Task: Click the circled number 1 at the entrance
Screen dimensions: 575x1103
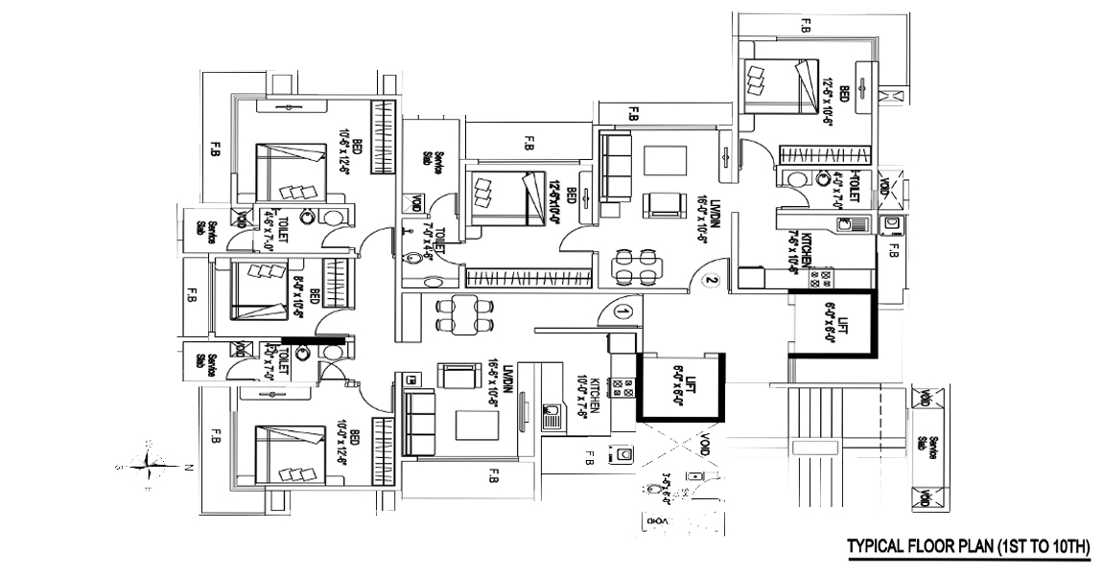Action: coord(622,312)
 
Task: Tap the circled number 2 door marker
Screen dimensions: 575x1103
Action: coord(711,281)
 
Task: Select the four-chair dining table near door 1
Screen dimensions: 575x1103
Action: coord(458,314)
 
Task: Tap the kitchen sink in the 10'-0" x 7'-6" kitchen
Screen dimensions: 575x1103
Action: coord(552,416)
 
